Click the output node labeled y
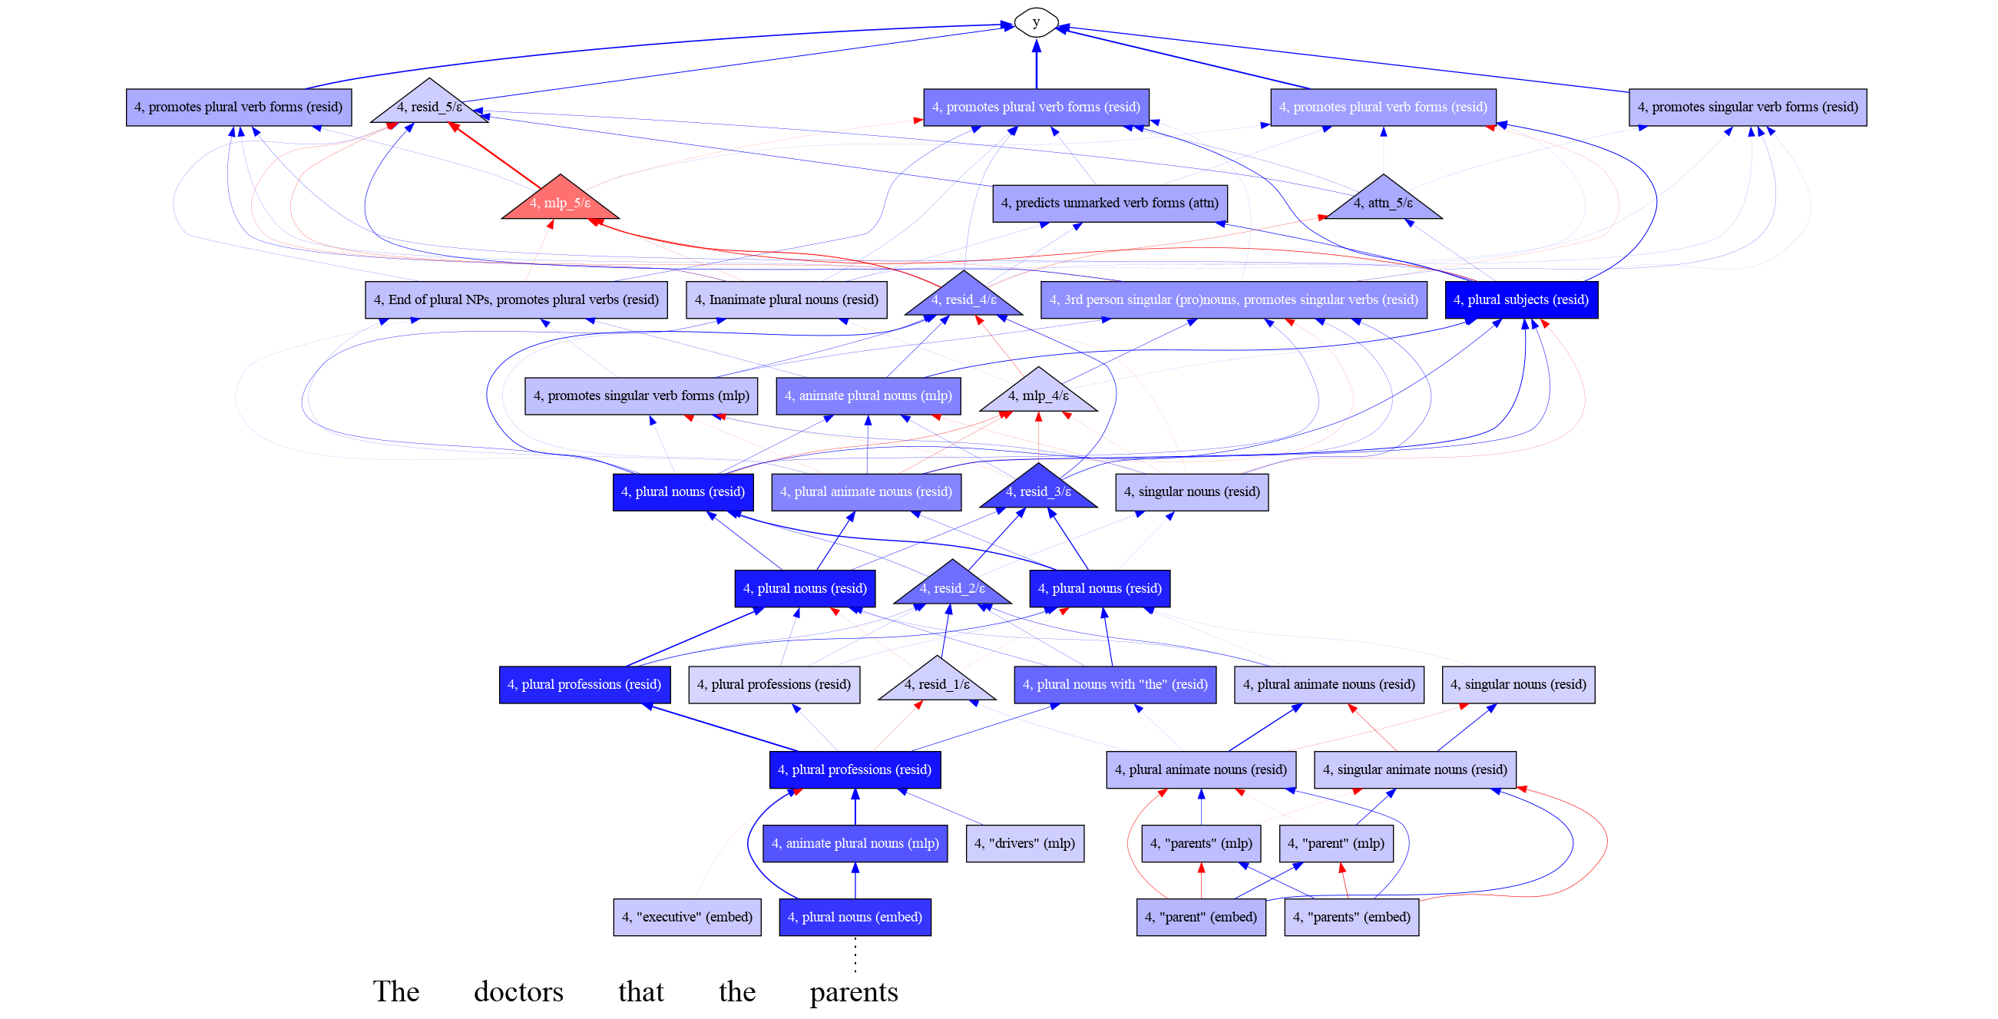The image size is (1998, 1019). click(1036, 22)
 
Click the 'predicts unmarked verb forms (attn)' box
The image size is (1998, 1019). click(1110, 203)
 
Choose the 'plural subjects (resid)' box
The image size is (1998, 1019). click(1521, 299)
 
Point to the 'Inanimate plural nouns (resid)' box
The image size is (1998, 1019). click(786, 299)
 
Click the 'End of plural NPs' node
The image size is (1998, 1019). click(516, 299)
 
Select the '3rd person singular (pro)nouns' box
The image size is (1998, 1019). click(1234, 299)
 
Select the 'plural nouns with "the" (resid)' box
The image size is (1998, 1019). click(1116, 685)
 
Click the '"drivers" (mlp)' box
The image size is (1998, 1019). click(1024, 843)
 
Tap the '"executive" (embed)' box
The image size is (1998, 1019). click(687, 917)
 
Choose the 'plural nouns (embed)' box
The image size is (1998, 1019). click(855, 917)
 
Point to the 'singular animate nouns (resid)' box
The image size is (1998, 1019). click(1414, 769)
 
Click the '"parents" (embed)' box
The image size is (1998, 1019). click(1352, 917)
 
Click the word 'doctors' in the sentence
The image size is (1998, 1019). click(519, 992)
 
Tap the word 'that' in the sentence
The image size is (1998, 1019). click(641, 992)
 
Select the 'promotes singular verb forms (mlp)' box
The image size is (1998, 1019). click(641, 395)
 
